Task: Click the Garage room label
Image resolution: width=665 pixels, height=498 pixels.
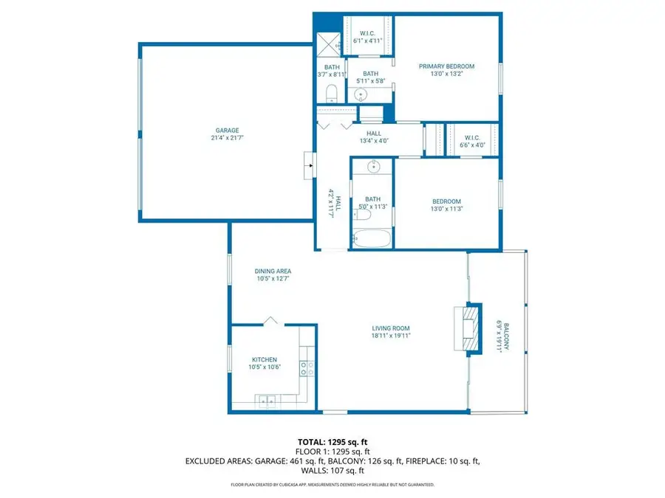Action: pos(228,131)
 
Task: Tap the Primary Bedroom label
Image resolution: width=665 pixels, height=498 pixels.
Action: pos(446,66)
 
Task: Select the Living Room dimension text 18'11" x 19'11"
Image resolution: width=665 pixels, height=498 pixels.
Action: pos(391,336)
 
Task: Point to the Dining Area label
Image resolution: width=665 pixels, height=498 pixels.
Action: pos(273,271)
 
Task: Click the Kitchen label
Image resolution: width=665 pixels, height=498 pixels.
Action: pos(265,359)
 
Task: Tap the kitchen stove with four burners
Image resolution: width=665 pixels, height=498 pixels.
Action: pos(307,368)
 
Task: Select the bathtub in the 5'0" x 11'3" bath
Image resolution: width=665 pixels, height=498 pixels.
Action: pos(372,238)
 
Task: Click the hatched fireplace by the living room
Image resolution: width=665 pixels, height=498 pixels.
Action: pos(471,328)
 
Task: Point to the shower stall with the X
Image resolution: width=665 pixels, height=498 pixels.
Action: pos(329,44)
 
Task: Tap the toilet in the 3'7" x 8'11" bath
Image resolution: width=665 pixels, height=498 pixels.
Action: pos(331,94)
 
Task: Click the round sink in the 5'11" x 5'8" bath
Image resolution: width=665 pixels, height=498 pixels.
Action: pos(361,94)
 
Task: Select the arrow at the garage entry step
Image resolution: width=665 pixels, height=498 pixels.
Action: pos(311,165)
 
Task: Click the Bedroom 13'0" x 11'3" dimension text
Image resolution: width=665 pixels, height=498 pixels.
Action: pos(446,209)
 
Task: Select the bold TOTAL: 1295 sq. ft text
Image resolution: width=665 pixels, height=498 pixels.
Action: pos(332,443)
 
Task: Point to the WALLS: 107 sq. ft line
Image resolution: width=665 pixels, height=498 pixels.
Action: pos(332,471)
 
